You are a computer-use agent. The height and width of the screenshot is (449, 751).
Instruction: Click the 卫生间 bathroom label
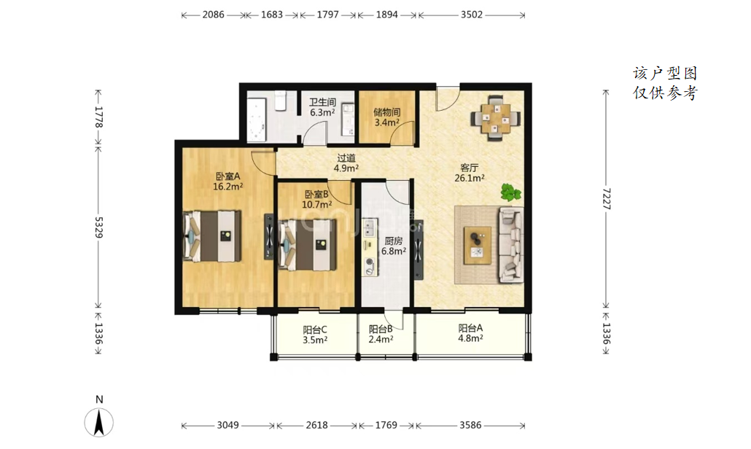322,102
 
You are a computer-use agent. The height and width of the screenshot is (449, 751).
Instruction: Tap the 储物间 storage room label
387,112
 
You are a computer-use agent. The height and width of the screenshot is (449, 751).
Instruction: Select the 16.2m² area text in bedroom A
228,186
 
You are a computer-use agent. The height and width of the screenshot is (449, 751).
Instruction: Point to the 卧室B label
316,194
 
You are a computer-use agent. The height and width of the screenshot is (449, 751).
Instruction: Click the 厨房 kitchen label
394,241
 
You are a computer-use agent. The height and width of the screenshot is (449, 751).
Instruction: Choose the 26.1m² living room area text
470,178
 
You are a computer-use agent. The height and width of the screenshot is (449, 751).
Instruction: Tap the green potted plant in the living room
511,192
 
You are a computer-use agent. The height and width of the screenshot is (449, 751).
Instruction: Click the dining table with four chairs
496,118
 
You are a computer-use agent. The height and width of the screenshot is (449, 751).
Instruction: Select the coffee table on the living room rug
478,245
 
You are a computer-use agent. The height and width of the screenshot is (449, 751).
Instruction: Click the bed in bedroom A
211,236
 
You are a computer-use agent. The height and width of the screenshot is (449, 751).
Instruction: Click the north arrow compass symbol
99,422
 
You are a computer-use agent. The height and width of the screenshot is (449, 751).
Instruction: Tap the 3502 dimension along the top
472,15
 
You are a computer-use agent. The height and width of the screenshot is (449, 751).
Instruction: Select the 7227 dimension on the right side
607,199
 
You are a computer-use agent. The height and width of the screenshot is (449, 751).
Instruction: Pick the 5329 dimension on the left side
98,227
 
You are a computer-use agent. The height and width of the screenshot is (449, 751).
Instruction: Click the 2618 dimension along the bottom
317,425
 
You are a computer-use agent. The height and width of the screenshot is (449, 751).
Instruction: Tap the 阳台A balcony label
470,328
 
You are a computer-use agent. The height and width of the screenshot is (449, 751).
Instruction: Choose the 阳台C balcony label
315,329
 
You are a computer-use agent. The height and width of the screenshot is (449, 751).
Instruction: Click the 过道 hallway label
346,158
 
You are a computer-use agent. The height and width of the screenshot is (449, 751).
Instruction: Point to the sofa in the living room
510,245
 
